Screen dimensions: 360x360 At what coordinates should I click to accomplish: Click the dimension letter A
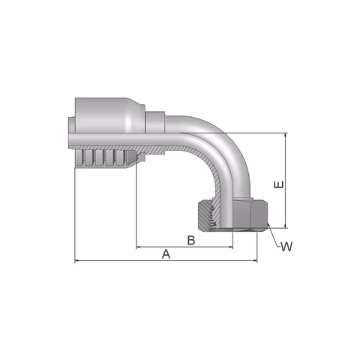tap(166, 254)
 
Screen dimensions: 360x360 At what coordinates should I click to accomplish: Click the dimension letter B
tap(191, 240)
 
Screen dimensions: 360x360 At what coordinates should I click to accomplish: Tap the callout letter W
tap(286, 247)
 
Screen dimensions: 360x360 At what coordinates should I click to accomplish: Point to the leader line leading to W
tap(273, 236)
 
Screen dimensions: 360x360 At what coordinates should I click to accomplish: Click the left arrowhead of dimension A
tap(79, 261)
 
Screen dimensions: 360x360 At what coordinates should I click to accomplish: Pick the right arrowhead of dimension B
tap(228, 247)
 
